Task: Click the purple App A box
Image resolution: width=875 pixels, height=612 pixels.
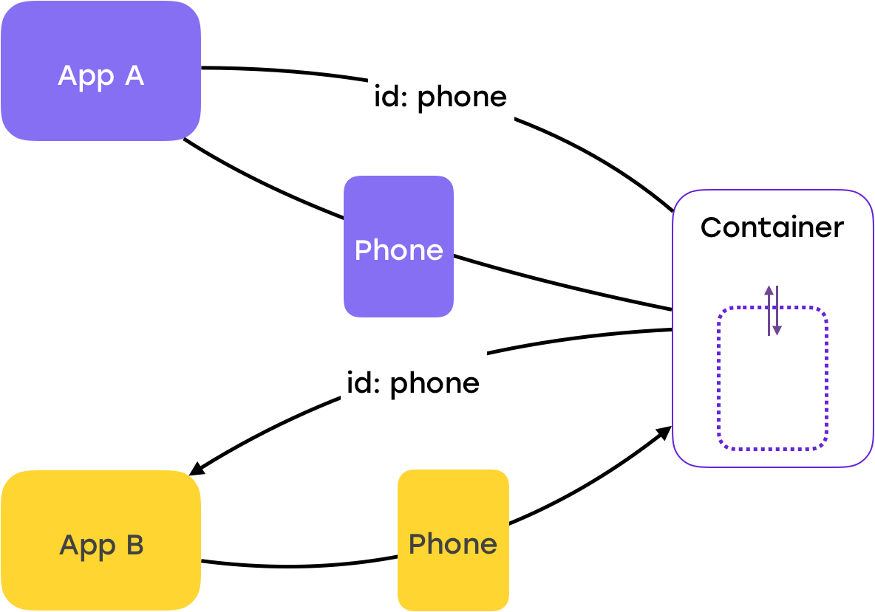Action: [101, 71]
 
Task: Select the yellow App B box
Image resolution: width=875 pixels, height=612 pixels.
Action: [101, 540]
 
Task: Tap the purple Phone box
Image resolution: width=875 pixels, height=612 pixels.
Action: [398, 247]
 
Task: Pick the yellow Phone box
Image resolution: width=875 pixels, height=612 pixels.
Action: [453, 540]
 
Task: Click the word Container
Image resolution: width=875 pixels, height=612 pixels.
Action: [772, 227]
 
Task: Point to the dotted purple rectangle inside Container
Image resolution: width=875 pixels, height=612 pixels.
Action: [773, 378]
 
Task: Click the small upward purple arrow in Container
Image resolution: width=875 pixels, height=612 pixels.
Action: [769, 311]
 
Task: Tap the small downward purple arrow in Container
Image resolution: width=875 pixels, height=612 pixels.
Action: [777, 311]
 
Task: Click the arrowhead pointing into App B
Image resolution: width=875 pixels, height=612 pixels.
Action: [197, 470]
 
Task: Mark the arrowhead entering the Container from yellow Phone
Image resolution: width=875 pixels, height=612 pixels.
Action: [664, 432]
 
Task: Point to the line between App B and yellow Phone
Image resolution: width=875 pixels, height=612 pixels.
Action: [299, 565]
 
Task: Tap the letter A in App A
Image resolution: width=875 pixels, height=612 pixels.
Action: [135, 76]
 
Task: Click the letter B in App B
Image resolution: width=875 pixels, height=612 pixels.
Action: [135, 545]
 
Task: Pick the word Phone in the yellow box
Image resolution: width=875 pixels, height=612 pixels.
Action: [453, 544]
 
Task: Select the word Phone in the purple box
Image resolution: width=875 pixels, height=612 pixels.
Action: [399, 250]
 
